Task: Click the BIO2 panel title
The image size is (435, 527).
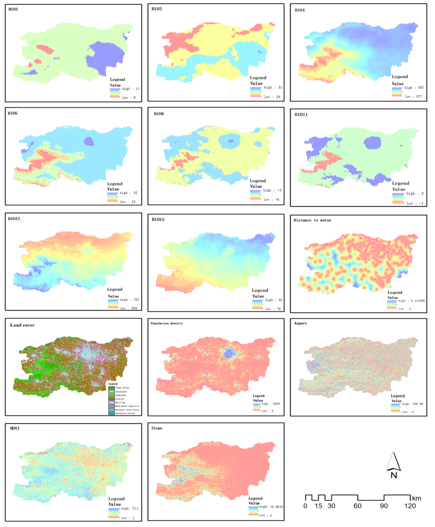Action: (x=13, y=9)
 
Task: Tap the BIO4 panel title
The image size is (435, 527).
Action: (x=300, y=10)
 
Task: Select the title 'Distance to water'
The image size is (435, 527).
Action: (x=312, y=220)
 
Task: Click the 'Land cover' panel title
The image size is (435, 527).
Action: (x=22, y=325)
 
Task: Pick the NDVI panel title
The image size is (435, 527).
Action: (x=15, y=428)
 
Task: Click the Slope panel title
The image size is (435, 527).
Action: (x=157, y=428)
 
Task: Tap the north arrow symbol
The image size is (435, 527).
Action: (x=393, y=464)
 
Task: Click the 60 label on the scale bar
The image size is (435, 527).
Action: (x=358, y=506)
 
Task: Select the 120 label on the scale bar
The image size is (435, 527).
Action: (x=410, y=506)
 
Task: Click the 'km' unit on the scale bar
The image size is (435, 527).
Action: (x=417, y=498)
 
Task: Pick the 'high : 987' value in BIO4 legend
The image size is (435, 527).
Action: (x=414, y=88)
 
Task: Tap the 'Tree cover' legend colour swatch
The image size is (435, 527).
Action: (x=112, y=388)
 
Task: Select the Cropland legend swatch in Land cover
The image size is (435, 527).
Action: (x=112, y=399)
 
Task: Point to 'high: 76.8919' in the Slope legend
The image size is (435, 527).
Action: (x=271, y=507)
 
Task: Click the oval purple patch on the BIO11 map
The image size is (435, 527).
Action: (x=372, y=143)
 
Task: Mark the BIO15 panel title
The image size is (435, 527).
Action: (x=158, y=219)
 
